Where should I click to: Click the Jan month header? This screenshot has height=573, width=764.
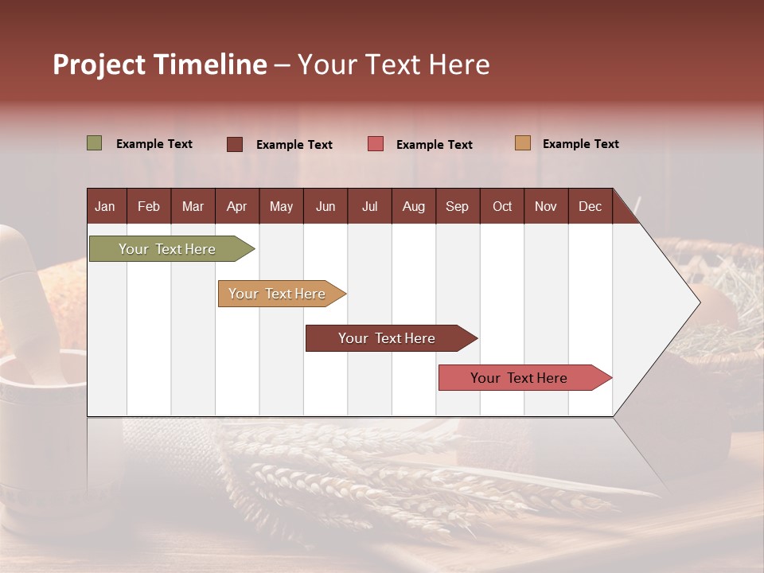(105, 207)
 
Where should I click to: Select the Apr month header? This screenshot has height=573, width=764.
(236, 207)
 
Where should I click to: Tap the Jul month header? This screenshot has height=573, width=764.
(369, 207)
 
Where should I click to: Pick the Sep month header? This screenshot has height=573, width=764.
(457, 207)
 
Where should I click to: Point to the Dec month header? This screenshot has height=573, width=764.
(590, 207)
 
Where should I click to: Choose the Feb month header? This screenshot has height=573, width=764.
(149, 207)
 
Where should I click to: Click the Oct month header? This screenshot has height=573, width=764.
(502, 207)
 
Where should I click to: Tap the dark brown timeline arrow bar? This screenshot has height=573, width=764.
(388, 338)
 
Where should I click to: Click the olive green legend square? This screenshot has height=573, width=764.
(94, 143)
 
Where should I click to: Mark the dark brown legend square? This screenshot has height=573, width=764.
(234, 144)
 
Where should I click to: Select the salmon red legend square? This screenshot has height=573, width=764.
(376, 144)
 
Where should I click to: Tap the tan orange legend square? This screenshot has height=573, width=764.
(522, 143)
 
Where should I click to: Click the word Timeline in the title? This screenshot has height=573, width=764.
(210, 64)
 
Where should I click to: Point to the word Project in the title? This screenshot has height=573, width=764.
(99, 64)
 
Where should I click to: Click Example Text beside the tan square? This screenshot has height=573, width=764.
(580, 144)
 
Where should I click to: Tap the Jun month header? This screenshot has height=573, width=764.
(325, 207)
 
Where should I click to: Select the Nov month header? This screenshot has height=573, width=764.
(546, 207)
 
